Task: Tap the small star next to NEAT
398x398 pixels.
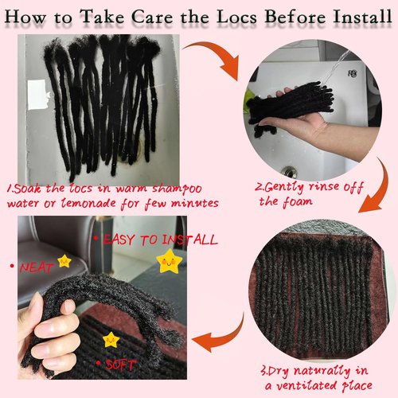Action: [x=65, y=261]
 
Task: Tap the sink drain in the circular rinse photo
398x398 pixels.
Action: [x=291, y=171]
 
